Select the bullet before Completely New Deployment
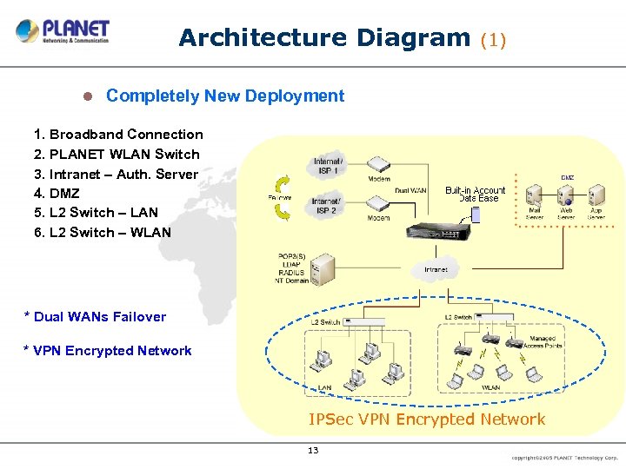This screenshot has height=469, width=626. click(x=87, y=96)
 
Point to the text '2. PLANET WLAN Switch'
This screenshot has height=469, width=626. click(x=117, y=154)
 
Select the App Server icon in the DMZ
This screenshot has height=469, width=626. click(x=596, y=195)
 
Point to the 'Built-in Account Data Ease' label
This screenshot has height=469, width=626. click(x=476, y=194)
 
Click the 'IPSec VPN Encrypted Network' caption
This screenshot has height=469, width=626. click(x=427, y=419)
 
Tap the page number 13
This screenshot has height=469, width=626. click(x=313, y=450)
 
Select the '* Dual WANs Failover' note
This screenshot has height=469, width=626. click(x=95, y=317)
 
